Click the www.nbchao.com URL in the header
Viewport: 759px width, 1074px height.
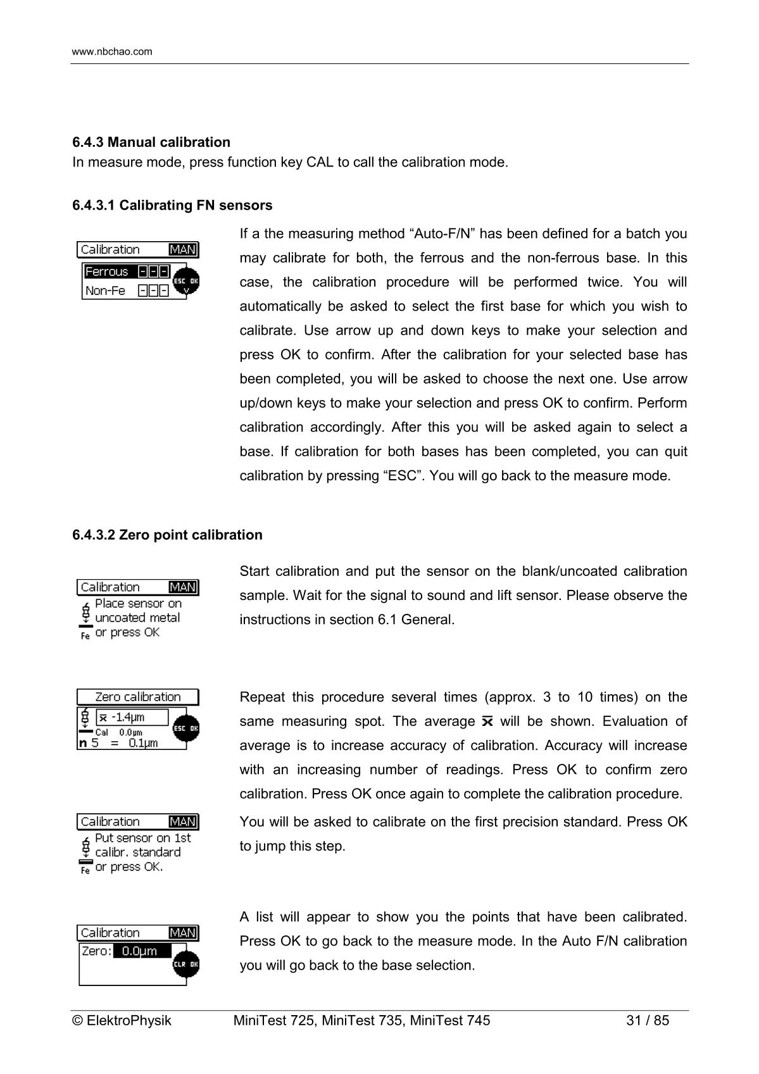tap(112, 52)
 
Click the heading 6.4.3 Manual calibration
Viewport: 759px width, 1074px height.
tap(151, 142)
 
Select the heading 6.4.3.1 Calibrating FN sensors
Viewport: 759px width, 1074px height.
tap(172, 205)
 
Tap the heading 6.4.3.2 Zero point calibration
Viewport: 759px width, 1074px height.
tap(167, 535)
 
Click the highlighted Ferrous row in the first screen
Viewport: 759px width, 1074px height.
tap(127, 272)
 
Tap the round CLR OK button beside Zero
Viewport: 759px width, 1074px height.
tap(186, 964)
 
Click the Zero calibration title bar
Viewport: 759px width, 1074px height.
tap(137, 697)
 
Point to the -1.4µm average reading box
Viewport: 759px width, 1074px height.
tap(132, 717)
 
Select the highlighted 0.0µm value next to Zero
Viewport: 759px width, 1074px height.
tap(142, 951)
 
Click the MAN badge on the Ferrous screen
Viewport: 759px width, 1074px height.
tap(183, 250)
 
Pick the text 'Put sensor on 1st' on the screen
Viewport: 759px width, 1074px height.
tap(142, 838)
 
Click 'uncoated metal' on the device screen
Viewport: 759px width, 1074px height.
tap(137, 618)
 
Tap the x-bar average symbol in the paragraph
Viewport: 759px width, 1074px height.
tap(487, 721)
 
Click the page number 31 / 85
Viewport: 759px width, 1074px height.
tap(647, 1020)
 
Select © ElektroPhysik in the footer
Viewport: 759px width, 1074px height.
tap(122, 1020)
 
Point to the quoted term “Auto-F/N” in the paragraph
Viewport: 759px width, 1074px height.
tap(442, 234)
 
